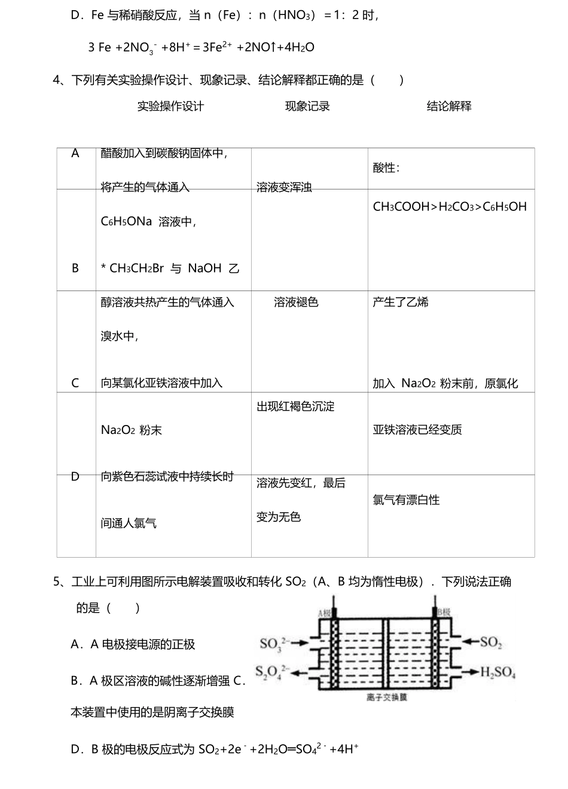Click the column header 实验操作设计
point(170,106)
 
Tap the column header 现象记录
point(307,106)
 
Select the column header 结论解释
point(449,106)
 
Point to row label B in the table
point(75,268)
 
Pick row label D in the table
point(75,476)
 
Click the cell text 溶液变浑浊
point(284,188)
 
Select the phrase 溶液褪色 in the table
point(296,302)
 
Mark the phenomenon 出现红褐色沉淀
point(295,406)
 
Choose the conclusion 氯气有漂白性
point(406,500)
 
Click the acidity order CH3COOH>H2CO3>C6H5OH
point(450,207)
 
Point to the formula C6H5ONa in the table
point(126,222)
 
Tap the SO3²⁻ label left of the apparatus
point(274,643)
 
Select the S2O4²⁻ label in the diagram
point(273,672)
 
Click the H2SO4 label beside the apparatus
point(498,672)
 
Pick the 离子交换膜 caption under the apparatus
point(387,698)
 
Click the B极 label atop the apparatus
point(444,612)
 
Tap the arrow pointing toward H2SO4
point(470,672)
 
